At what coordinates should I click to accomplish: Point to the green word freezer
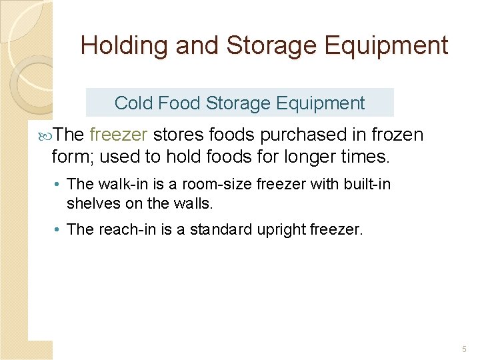pos(118,135)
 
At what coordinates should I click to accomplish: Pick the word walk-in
pos(119,183)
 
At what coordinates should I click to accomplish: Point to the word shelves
pos(93,203)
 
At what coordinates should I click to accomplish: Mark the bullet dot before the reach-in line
pos(59,230)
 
